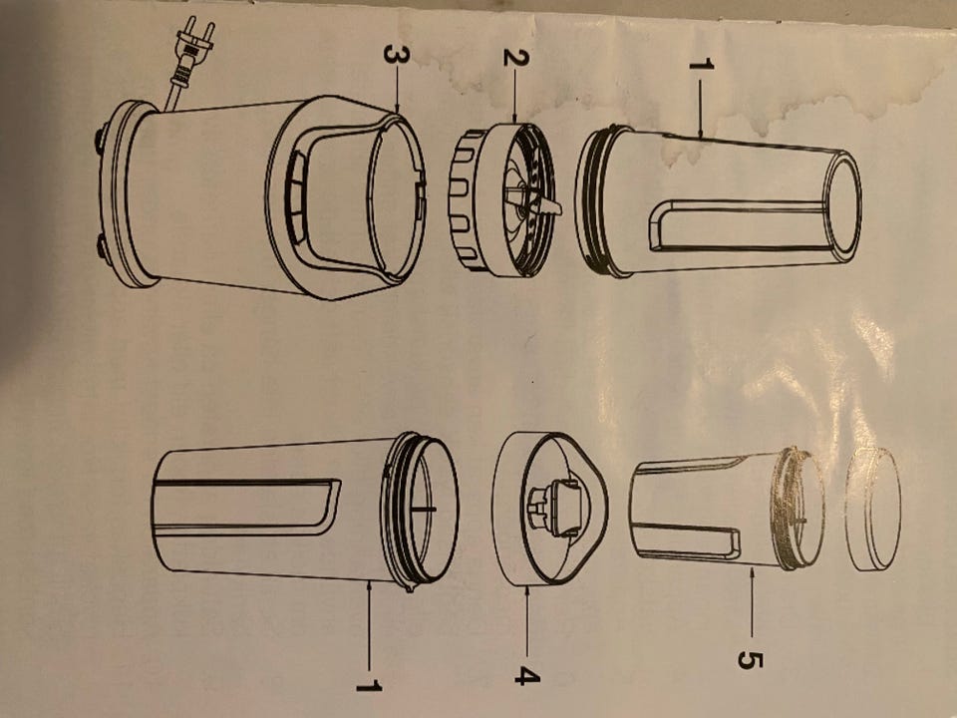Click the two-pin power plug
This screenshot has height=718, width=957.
(194, 43)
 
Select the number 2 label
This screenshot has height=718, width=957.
(515, 57)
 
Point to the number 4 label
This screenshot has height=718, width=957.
(526, 676)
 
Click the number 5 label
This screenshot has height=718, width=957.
(751, 660)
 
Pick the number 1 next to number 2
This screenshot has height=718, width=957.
(701, 64)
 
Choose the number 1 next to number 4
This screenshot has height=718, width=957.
(369, 687)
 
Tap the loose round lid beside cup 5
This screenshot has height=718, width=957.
(873, 510)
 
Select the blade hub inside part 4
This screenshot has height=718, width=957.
(552, 508)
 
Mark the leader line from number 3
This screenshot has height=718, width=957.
(397, 89)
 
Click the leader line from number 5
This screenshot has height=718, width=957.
(752, 606)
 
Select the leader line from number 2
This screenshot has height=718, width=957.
(515, 96)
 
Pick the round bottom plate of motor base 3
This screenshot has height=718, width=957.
(126, 194)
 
